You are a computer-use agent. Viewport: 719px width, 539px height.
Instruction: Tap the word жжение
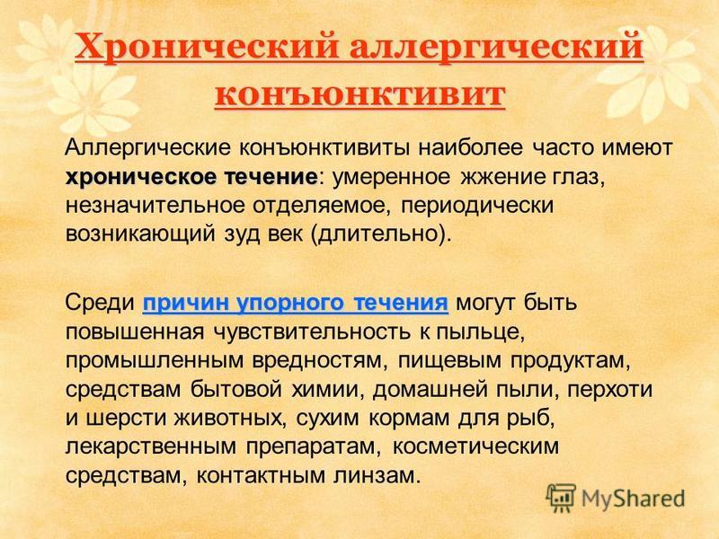(502, 177)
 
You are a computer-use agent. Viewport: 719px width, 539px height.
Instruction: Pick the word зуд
(241, 234)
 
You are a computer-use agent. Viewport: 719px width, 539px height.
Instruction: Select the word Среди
(100, 304)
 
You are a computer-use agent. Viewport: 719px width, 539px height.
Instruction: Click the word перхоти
(610, 390)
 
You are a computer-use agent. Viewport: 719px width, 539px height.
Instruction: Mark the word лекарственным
(151, 446)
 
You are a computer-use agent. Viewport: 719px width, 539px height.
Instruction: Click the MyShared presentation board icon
(560, 498)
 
